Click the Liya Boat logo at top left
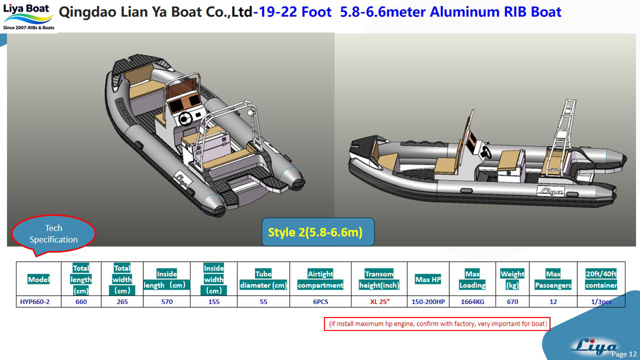point(28,17)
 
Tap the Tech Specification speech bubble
point(53,234)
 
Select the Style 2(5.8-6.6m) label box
point(318,232)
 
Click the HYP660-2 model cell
point(35,302)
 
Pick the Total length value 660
point(81,302)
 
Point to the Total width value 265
point(122,302)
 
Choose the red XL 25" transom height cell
point(380,302)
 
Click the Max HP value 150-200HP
point(428,302)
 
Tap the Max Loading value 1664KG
point(472,302)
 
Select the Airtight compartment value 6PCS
point(320,302)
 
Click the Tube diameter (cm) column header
point(263,279)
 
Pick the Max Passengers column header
point(553,279)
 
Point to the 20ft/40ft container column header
point(601,279)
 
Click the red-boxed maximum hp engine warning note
point(437,324)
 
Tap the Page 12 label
point(624,354)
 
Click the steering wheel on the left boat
point(185,118)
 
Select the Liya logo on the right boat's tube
point(550,191)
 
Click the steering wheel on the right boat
point(486,152)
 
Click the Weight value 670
point(512,302)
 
